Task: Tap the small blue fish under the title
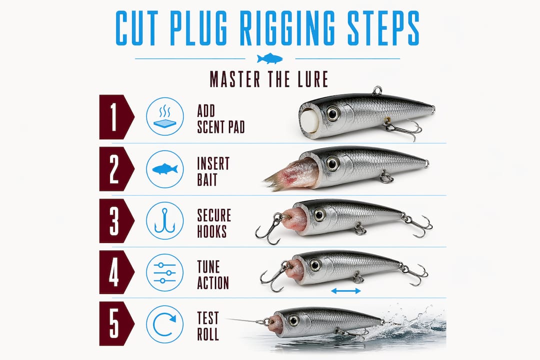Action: tap(269, 58)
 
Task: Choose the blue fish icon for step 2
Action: tap(165, 169)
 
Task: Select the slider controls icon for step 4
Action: tap(164, 273)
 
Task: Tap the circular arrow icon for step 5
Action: tap(164, 324)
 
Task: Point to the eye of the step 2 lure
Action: tap(332, 163)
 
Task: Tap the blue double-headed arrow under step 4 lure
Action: tap(346, 291)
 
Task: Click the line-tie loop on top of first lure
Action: tap(377, 90)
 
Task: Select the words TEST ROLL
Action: tap(208, 326)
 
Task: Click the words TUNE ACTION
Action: tap(213, 274)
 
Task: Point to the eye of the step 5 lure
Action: tap(293, 320)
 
